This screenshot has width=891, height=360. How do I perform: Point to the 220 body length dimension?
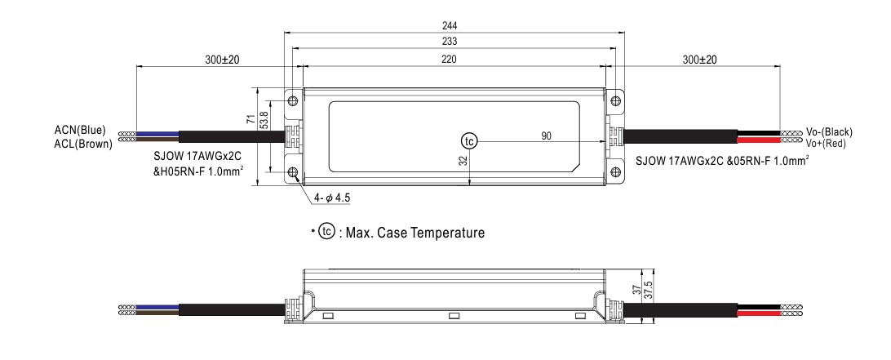[x=449, y=59]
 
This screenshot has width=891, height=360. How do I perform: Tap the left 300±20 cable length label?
[x=216, y=60]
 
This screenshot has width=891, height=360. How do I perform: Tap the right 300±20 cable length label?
[x=699, y=60]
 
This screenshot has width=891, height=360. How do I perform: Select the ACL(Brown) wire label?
[x=78, y=144]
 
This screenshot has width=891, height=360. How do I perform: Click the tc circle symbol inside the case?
[x=468, y=140]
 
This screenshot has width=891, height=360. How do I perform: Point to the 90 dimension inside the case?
[x=545, y=134]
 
